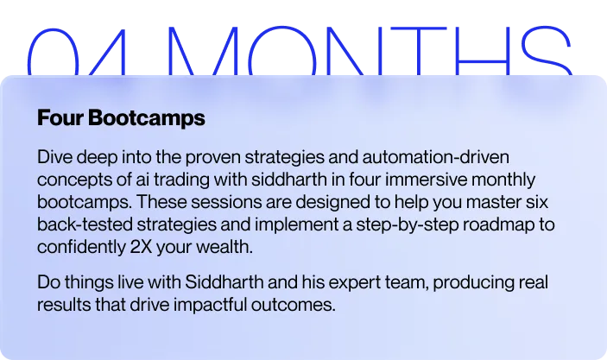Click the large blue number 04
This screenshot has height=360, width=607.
coord(78,51)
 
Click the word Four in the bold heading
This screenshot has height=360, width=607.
coord(60,117)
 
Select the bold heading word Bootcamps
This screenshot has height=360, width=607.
coord(147,118)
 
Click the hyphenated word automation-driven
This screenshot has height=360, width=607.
coord(435,157)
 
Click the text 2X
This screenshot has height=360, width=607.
coord(141,247)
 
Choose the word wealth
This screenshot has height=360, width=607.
coord(224,247)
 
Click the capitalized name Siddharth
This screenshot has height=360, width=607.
coord(224,281)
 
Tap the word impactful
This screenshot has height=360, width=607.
coord(210,305)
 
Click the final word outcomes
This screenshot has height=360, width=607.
coord(293,305)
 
